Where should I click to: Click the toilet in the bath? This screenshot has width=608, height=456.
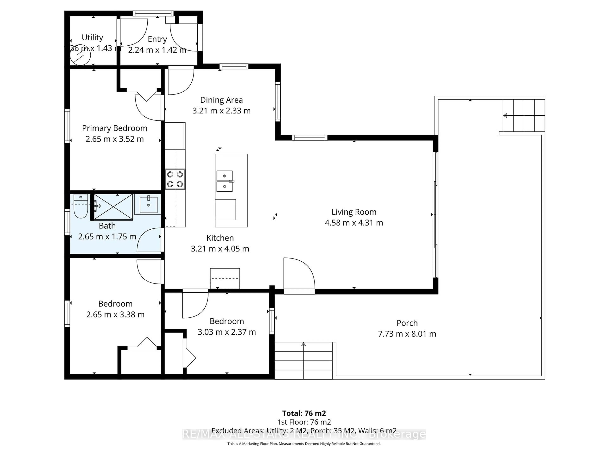pyautogui.click(x=81, y=207)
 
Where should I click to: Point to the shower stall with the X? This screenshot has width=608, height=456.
pyautogui.click(x=113, y=207)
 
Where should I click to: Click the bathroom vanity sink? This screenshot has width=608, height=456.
pyautogui.click(x=148, y=205)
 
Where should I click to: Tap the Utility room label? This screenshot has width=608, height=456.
pyautogui.click(x=92, y=37)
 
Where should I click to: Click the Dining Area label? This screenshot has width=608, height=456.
pyautogui.click(x=221, y=100)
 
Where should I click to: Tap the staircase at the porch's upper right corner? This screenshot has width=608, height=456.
pyautogui.click(x=524, y=115)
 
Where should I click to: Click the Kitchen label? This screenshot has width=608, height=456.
pyautogui.click(x=220, y=238)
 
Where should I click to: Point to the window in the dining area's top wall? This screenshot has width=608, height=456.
pyautogui.click(x=234, y=66)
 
